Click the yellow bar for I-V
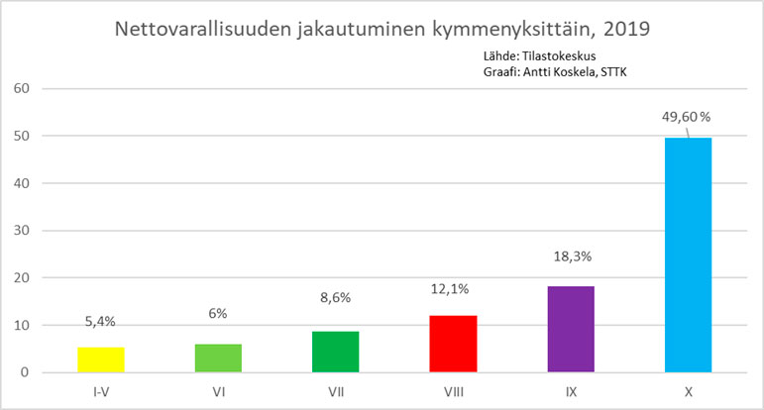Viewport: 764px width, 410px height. click(100, 360)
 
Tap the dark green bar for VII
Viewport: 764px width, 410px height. click(335, 353)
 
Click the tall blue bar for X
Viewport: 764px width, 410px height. click(687, 256)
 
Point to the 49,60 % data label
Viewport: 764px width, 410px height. click(687, 117)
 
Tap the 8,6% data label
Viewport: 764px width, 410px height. click(335, 296)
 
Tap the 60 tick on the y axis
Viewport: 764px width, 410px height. click(23, 88)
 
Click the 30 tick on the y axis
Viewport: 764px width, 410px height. click(23, 231)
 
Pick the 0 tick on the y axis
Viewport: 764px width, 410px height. click(27, 373)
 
